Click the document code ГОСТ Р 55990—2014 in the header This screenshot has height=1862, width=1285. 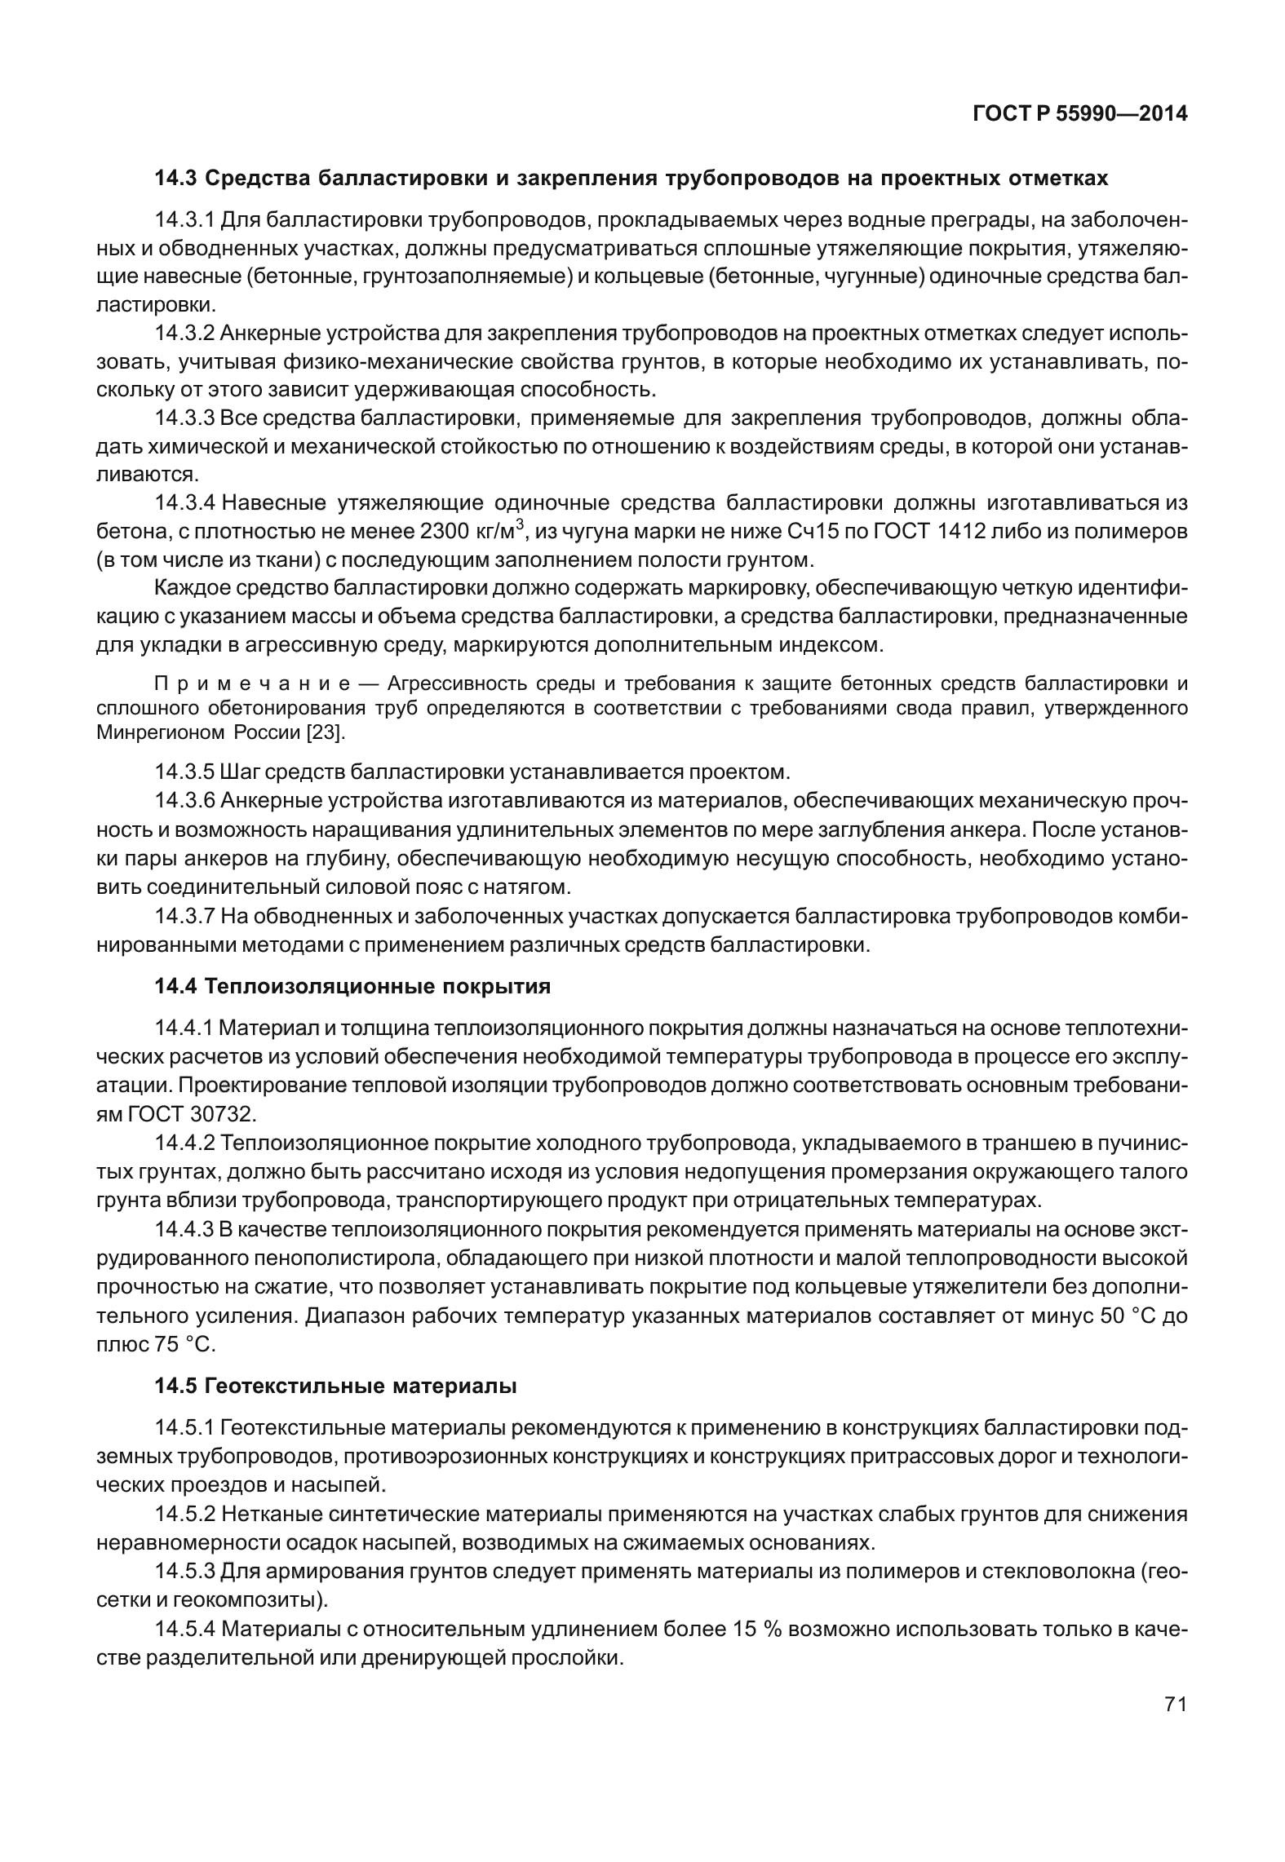pos(1079,114)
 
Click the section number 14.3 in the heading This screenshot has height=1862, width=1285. pos(176,178)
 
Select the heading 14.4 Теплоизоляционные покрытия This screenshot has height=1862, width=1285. pos(352,986)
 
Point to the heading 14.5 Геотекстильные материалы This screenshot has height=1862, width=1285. pos(335,1386)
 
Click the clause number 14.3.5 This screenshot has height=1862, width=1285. pos(184,771)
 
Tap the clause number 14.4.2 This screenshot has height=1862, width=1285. pos(184,1143)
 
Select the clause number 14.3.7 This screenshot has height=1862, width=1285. pos(184,917)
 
